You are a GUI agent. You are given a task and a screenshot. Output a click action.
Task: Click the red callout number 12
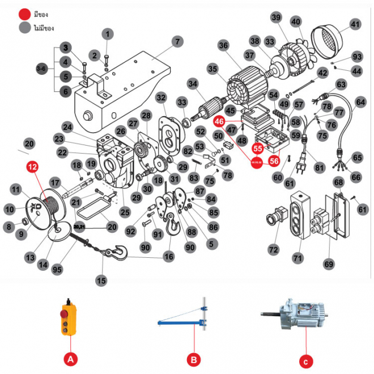click(x=33, y=167)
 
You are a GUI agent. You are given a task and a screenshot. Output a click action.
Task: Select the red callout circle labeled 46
click(x=219, y=121)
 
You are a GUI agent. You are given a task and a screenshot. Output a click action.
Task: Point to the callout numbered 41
click(x=355, y=24)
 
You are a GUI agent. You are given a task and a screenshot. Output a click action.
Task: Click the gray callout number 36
click(x=223, y=45)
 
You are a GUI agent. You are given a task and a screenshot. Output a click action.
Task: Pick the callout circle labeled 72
click(x=274, y=249)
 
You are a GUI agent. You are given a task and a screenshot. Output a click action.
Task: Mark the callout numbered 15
click(x=101, y=279)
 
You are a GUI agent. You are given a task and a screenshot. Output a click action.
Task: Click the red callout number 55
click(x=258, y=148)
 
